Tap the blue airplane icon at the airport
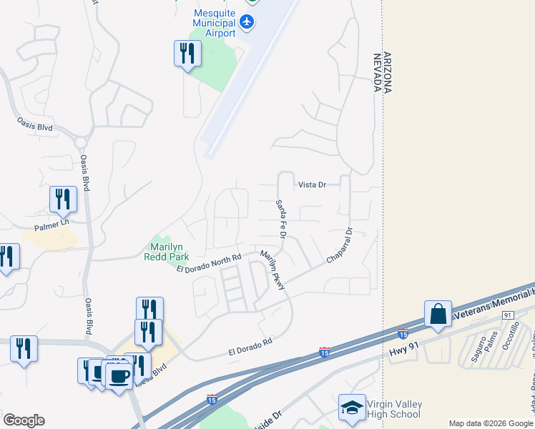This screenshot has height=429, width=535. pyautogui.click(x=247, y=22)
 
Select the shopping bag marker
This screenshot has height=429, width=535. pyautogui.click(x=438, y=315)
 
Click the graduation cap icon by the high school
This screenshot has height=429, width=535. pyautogui.click(x=352, y=408)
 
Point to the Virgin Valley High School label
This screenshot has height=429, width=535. pyautogui.click(x=394, y=409)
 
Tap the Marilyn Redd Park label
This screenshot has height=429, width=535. pyautogui.click(x=166, y=250)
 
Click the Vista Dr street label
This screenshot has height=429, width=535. pyautogui.click(x=312, y=184)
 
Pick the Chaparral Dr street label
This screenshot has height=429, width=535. pyautogui.click(x=340, y=245)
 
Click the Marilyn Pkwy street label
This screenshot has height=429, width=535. pyautogui.click(x=273, y=270)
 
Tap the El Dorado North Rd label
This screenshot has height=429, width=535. pyautogui.click(x=209, y=263)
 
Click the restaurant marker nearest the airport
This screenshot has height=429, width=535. pyautogui.click(x=187, y=54)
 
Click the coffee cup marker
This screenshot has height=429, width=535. pyautogui.click(x=119, y=375)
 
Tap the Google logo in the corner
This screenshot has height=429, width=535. pyautogui.click(x=24, y=420)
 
